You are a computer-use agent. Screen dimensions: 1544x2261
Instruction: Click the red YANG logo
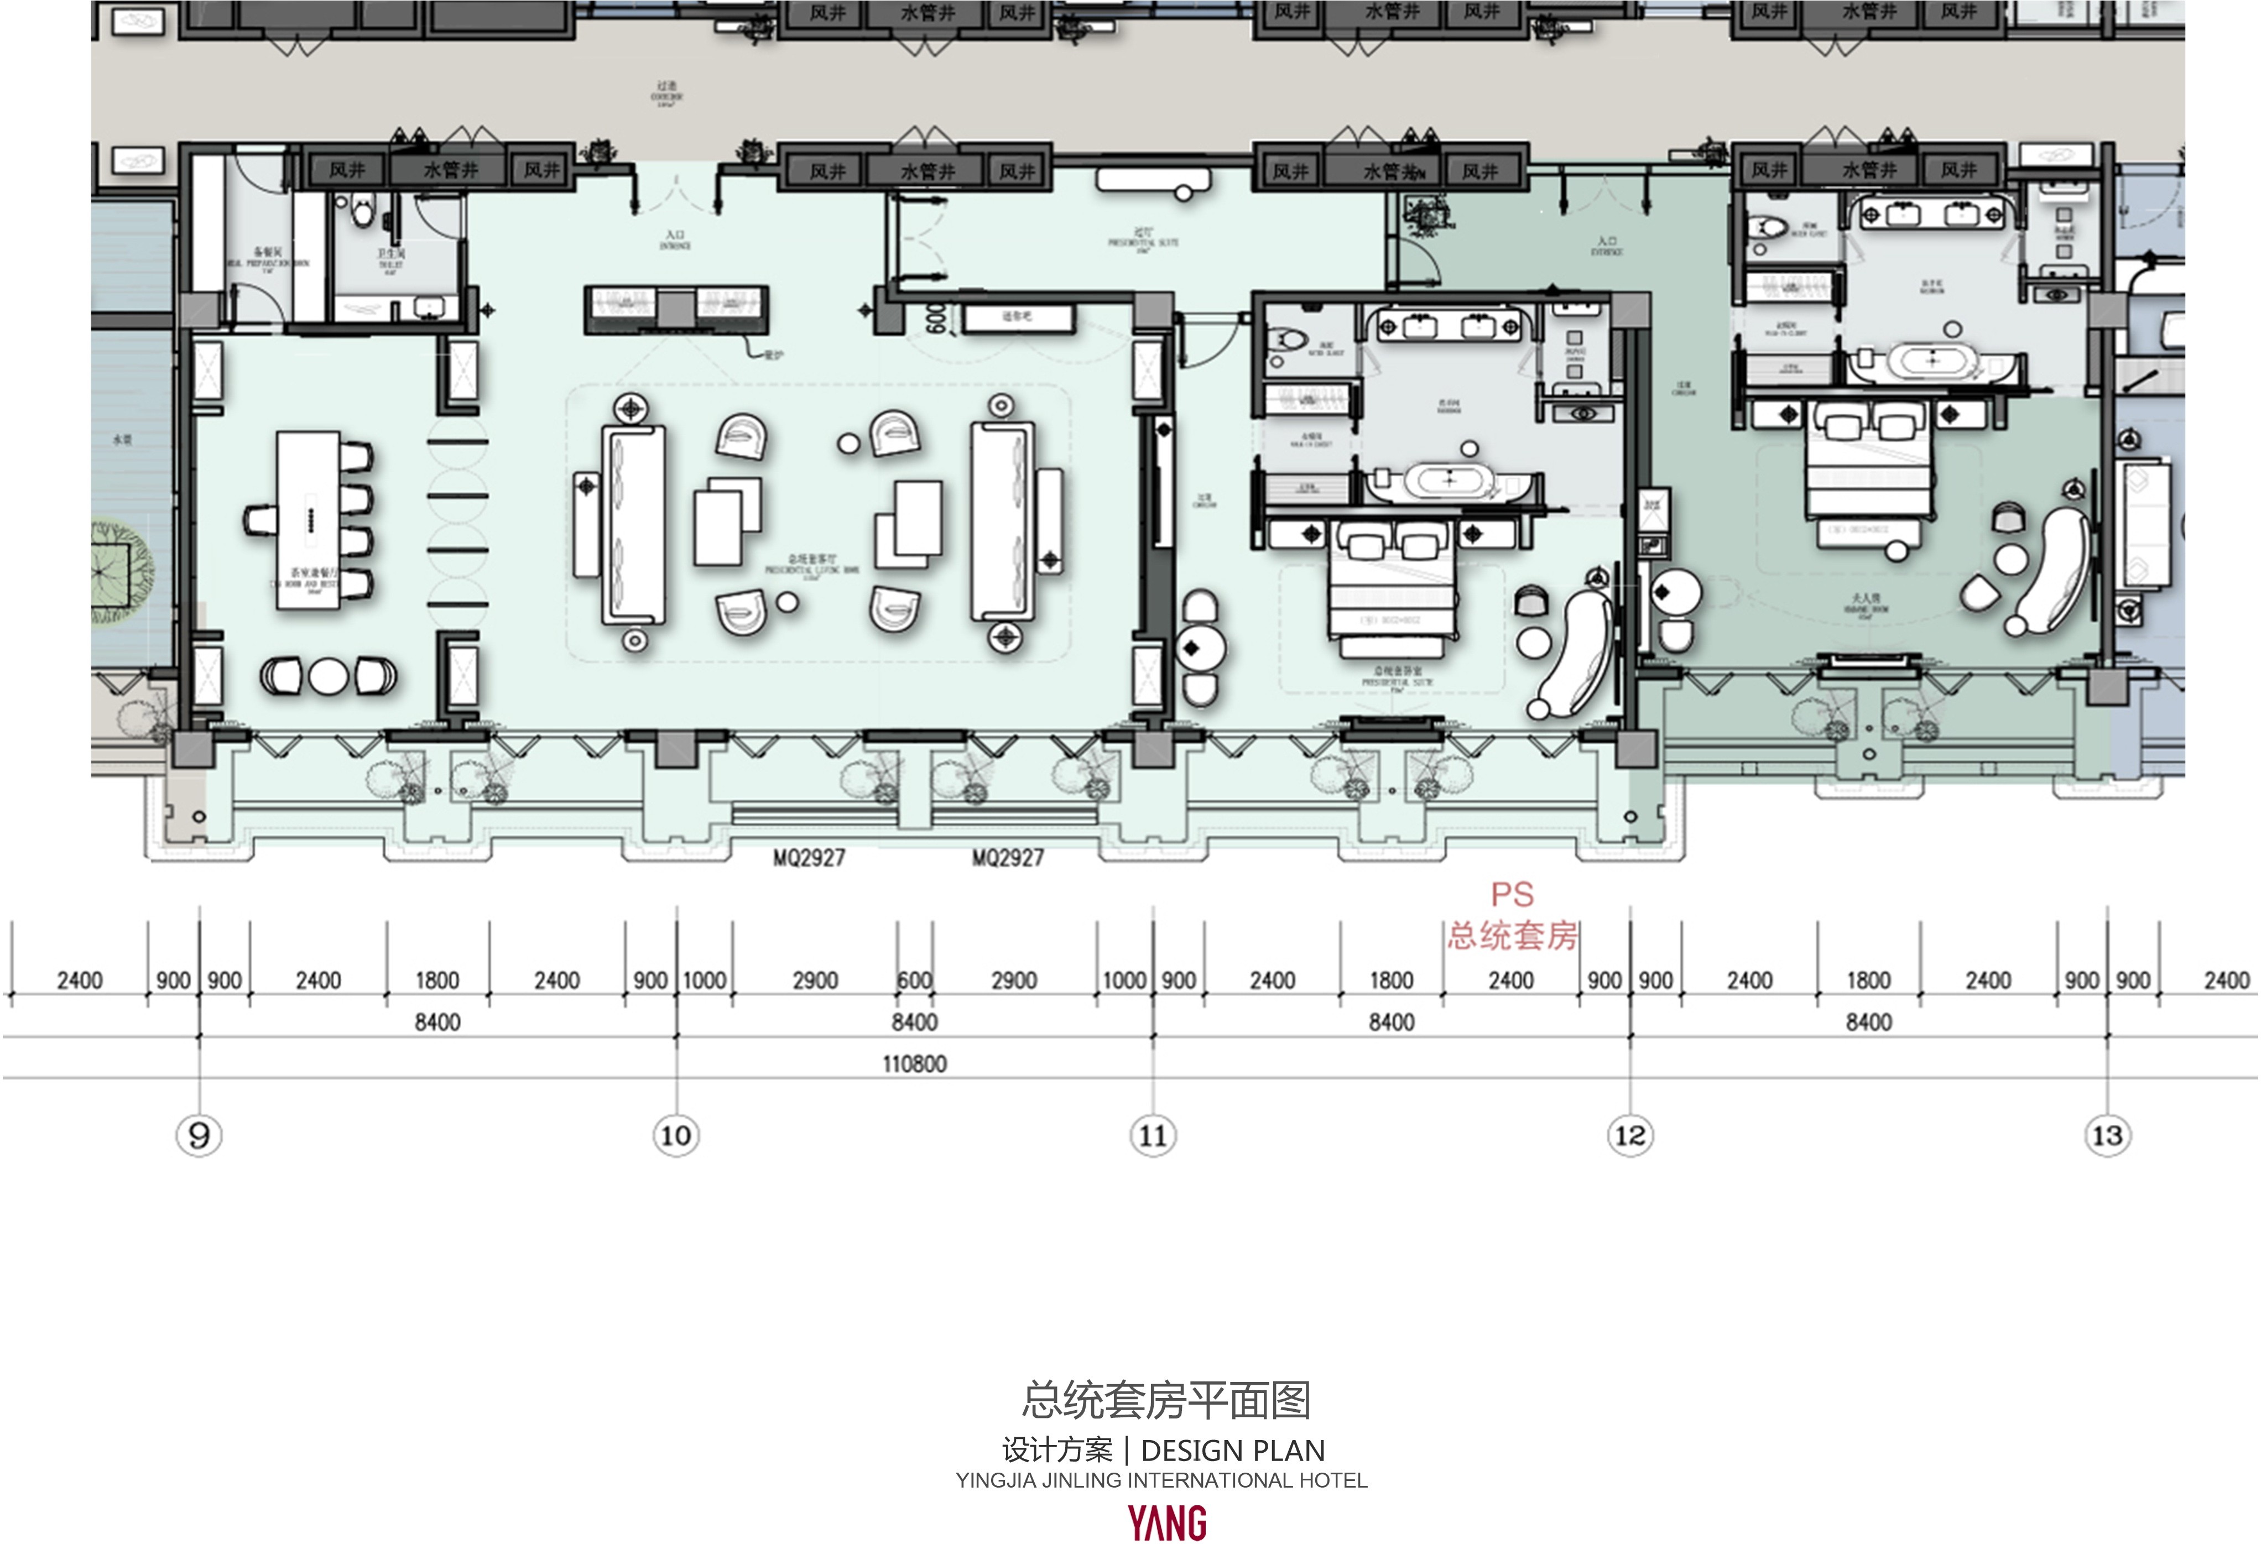[x=1168, y=1522]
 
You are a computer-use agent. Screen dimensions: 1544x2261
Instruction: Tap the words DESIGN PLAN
[x=1233, y=1451]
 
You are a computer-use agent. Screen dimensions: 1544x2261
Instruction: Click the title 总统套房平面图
[x=1165, y=1401]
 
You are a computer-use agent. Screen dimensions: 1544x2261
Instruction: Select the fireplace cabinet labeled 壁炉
[x=676, y=309]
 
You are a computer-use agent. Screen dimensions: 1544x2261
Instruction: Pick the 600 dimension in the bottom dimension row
[x=914, y=980]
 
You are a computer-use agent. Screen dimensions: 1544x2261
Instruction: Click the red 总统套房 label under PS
[x=1513, y=936]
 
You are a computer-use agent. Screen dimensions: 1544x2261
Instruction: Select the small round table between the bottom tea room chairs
[x=329, y=676]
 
